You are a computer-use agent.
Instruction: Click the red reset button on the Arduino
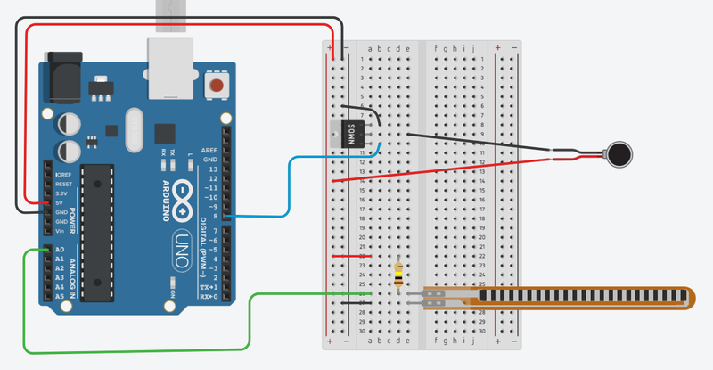click(216, 86)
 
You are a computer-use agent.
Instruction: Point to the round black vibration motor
click(618, 154)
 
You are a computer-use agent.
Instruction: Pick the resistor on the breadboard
click(397, 275)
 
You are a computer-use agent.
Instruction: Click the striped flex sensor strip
click(570, 296)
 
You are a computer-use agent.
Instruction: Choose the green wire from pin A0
click(134, 350)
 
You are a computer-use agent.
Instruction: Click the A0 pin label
click(60, 251)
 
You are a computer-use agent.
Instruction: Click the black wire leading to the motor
click(481, 142)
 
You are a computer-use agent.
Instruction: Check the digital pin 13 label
click(212, 169)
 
